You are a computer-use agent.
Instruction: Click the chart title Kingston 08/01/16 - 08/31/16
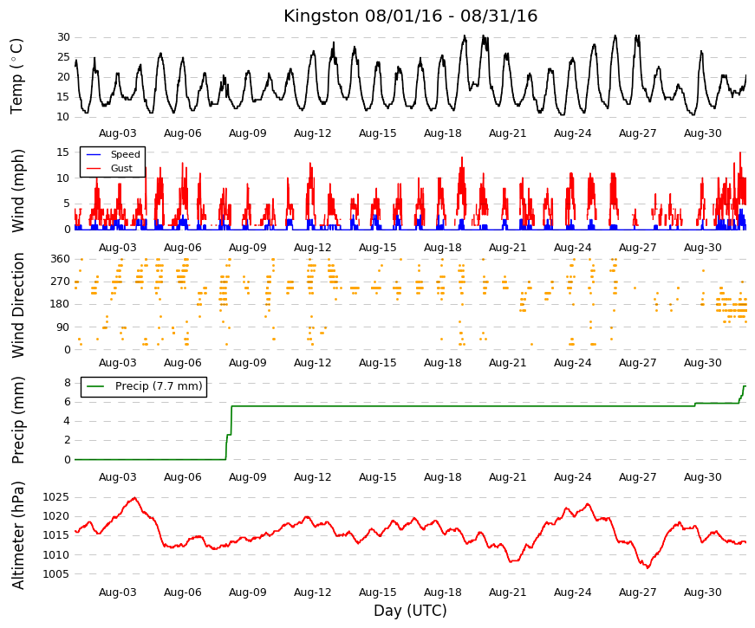point(410,16)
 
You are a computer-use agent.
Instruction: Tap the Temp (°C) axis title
point(16,76)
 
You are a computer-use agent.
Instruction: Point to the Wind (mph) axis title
point(17,191)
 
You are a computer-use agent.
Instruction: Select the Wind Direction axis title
point(17,305)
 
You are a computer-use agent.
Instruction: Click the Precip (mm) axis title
point(17,420)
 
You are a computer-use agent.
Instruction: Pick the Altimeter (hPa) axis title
point(17,535)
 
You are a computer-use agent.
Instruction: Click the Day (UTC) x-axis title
point(410,611)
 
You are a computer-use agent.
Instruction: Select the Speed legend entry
point(125,154)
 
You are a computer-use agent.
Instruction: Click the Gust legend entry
point(121,168)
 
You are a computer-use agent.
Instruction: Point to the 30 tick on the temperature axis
point(63,37)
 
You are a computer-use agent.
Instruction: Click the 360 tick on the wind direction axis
point(61,259)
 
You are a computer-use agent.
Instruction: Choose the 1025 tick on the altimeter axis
point(56,497)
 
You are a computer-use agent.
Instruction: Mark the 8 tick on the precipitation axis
point(67,383)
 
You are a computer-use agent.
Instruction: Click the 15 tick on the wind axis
point(63,152)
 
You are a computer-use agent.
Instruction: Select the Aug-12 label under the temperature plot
point(313,133)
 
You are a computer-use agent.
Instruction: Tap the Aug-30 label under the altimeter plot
point(702,592)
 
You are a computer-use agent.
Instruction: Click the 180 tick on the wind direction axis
point(61,304)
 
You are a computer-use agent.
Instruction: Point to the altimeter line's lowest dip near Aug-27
point(648,568)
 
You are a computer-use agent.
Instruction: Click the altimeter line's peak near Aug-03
point(134,497)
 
